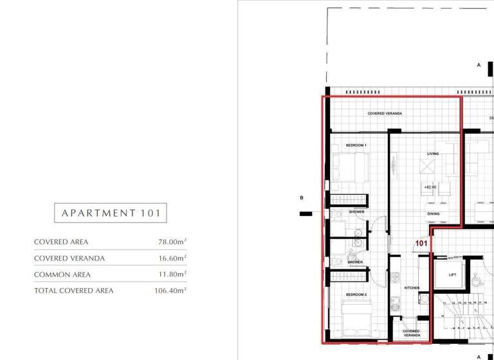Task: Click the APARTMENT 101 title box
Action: tap(110, 213)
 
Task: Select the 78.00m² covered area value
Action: tap(172, 242)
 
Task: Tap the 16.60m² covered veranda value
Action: tap(172, 258)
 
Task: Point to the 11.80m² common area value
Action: tap(172, 274)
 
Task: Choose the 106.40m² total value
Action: tap(170, 291)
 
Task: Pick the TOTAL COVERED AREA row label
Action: tap(73, 291)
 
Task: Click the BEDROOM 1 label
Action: tap(356, 145)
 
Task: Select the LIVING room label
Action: tap(433, 154)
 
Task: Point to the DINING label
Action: tap(434, 214)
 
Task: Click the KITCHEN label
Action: tap(412, 288)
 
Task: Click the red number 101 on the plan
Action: tap(421, 244)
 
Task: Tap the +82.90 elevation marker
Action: tap(430, 186)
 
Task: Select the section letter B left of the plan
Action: tap(301, 198)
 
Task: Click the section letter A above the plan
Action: tap(479, 65)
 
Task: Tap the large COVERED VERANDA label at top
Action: tap(385, 113)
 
